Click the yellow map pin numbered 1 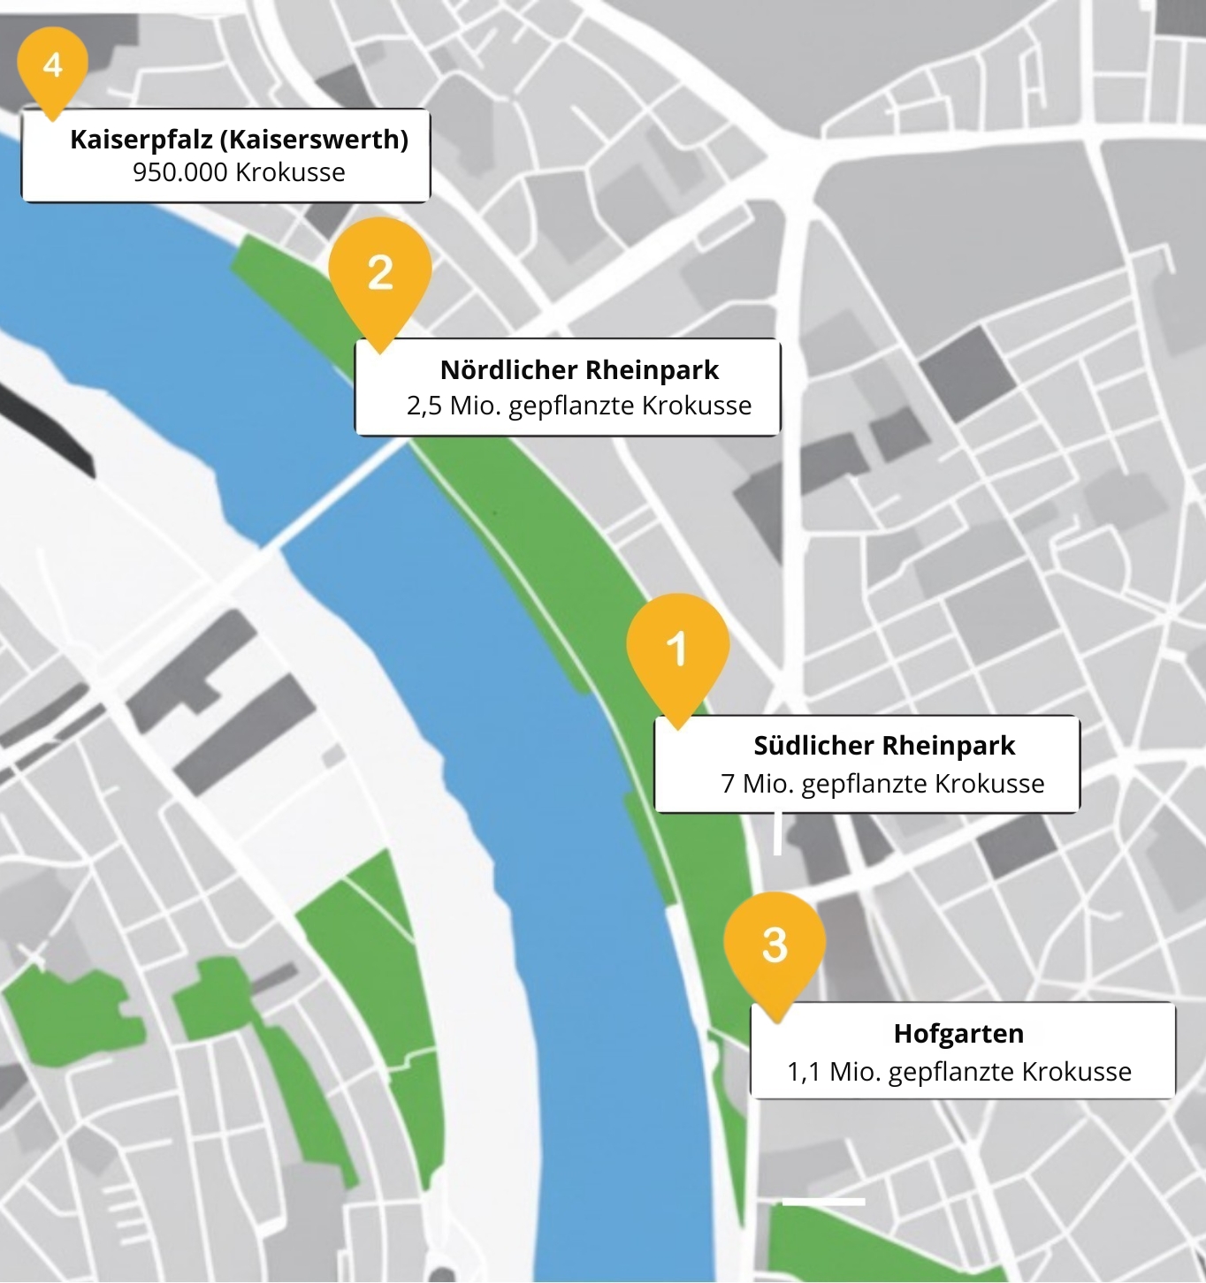tap(677, 650)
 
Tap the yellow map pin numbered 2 tap(379, 274)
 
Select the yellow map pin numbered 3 tap(775, 945)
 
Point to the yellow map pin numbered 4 tap(52, 65)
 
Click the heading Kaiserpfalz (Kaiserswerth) tap(239, 140)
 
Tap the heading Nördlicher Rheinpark tap(579, 369)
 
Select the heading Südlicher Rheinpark tap(883, 745)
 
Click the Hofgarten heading tap(958, 1033)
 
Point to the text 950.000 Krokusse tap(239, 172)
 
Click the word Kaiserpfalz tap(141, 140)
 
